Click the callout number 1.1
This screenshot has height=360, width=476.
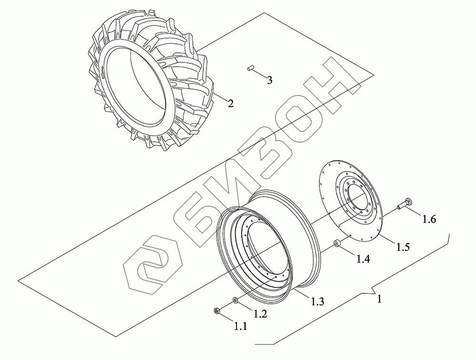click(x=240, y=326)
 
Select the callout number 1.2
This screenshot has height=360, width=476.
click(x=260, y=314)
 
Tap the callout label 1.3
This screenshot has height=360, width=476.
click(x=317, y=301)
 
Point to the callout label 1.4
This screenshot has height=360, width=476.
click(x=363, y=259)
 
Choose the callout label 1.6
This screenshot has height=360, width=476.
click(x=429, y=219)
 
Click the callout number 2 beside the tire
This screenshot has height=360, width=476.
click(x=231, y=104)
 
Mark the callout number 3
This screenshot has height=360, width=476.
click(x=269, y=80)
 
